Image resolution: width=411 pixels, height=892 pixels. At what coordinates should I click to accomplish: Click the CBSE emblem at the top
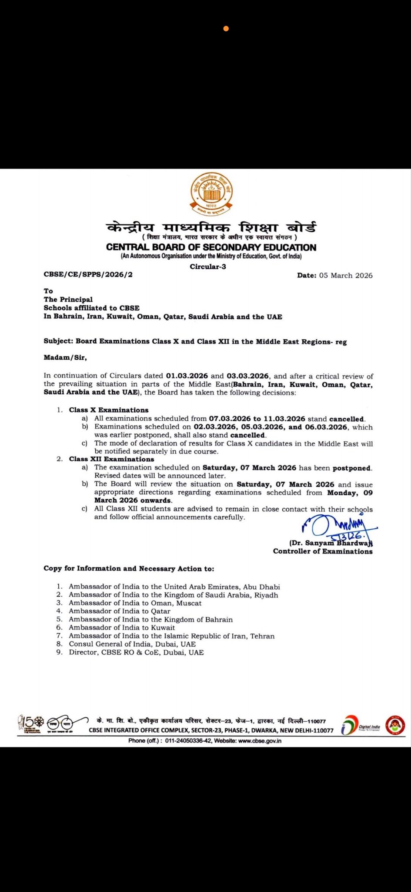[211, 194]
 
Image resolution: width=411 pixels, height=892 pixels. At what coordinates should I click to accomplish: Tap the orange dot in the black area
[226, 29]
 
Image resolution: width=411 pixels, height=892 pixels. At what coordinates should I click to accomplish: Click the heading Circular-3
[208, 267]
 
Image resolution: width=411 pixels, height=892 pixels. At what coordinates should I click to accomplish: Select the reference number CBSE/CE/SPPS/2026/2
[88, 274]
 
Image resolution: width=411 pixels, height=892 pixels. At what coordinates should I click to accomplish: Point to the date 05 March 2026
[346, 275]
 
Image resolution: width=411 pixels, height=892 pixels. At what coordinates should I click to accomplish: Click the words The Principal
[68, 299]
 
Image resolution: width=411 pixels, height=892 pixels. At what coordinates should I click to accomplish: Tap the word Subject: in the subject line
[59, 341]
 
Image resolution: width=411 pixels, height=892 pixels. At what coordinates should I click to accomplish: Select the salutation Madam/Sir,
[65, 358]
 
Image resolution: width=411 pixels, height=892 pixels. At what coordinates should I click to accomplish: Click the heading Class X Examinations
[109, 410]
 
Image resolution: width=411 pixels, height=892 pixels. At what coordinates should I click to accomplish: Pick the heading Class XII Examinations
[111, 459]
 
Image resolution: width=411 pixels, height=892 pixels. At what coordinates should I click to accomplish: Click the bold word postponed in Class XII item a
[352, 468]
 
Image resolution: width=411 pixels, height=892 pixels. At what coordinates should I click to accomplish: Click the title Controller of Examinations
[323, 551]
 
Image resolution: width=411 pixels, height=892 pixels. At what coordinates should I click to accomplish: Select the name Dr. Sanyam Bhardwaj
[331, 543]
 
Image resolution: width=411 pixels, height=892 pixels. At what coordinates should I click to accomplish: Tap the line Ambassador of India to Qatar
[120, 611]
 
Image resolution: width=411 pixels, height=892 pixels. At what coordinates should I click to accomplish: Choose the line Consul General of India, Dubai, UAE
[132, 644]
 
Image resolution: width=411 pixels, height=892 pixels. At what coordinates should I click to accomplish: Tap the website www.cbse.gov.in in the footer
[260, 741]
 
